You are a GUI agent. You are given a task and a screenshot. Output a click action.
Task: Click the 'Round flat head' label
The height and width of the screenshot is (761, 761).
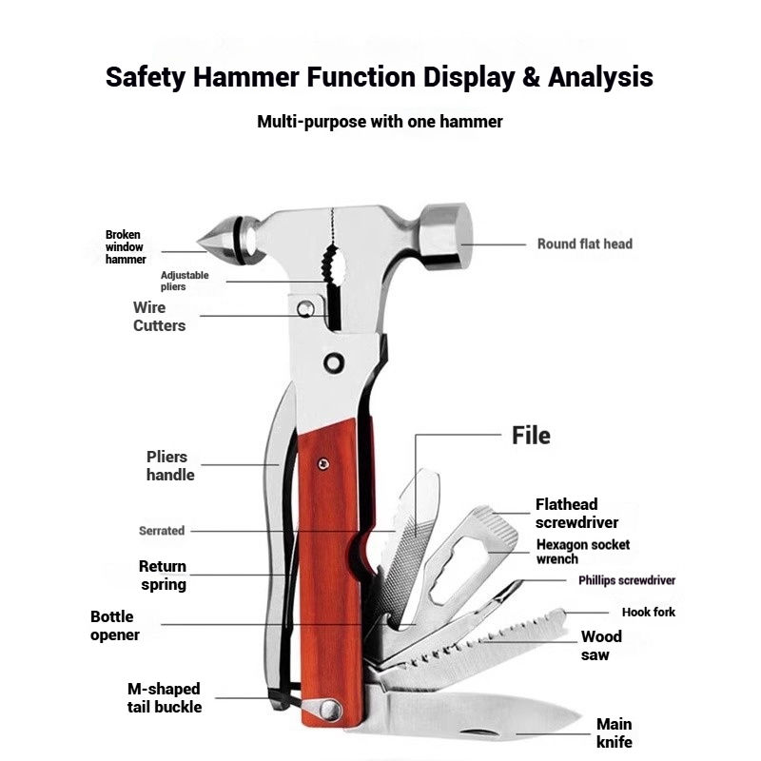(x=584, y=244)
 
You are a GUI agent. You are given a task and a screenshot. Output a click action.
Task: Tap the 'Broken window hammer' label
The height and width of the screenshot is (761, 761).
(x=126, y=246)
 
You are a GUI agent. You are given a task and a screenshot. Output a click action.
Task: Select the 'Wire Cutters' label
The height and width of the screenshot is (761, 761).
(x=159, y=317)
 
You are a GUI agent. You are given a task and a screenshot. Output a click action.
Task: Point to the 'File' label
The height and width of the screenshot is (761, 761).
(x=531, y=436)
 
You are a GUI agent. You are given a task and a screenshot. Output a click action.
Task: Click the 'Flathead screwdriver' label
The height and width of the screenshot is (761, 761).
(x=576, y=514)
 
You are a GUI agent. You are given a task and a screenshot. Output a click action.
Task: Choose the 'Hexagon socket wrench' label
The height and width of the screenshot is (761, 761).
(x=582, y=552)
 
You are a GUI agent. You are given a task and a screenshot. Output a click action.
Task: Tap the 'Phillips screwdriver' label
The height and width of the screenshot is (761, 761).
(x=627, y=580)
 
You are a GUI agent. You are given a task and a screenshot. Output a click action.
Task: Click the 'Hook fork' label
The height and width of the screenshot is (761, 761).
(x=649, y=612)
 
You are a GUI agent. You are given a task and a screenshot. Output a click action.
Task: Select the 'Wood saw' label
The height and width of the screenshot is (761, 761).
(x=601, y=646)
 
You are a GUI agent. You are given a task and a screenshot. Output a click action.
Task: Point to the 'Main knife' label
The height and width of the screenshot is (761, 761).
(x=614, y=733)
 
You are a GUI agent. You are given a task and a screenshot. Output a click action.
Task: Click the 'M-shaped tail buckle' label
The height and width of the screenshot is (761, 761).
(x=165, y=697)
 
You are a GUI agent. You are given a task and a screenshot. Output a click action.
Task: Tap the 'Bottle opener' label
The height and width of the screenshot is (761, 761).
(x=115, y=626)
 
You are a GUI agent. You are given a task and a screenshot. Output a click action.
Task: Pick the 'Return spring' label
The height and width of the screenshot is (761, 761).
(x=163, y=576)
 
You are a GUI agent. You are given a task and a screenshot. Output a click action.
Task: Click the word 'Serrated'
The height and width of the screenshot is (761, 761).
(x=162, y=531)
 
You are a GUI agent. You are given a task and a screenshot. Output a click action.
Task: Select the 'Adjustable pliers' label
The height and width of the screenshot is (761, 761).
(x=185, y=281)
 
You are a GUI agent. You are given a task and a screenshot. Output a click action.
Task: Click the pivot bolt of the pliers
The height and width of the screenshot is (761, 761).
(x=334, y=362)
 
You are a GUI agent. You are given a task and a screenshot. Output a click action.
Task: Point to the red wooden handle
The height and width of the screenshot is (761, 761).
(x=328, y=571)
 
